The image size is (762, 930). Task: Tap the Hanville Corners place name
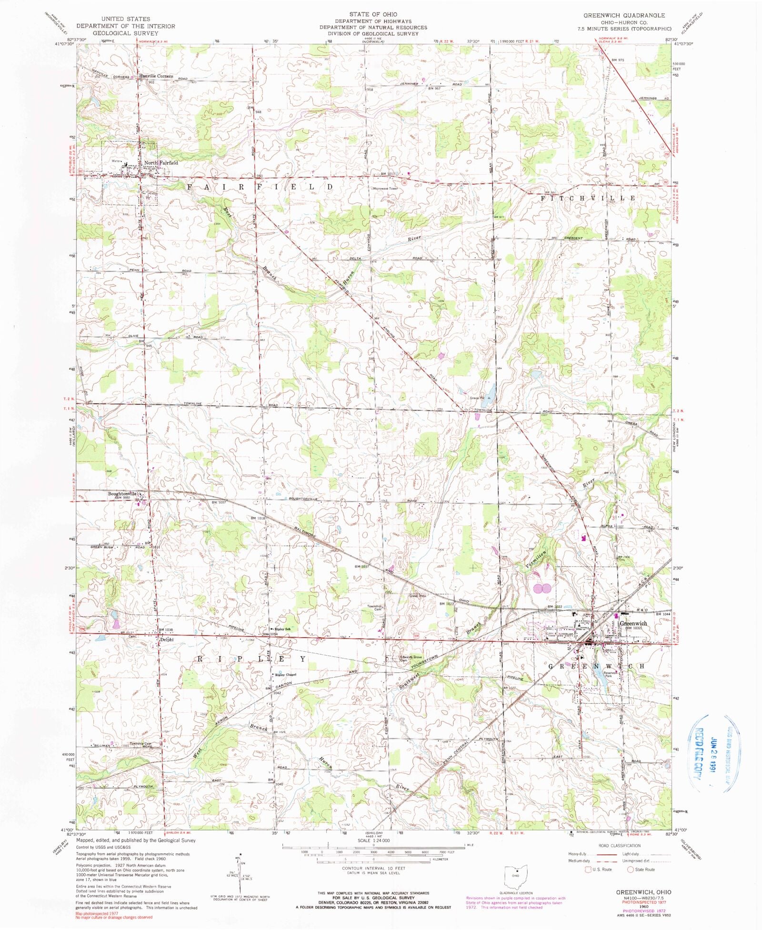pyautogui.click(x=156, y=76)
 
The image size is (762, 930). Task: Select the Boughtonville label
pyautogui.click(x=122, y=494)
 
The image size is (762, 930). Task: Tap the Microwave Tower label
pyautogui.click(x=385, y=189)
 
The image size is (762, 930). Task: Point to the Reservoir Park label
pyautogui.click(x=611, y=674)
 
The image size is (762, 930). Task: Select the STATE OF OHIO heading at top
pyautogui.click(x=373, y=14)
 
